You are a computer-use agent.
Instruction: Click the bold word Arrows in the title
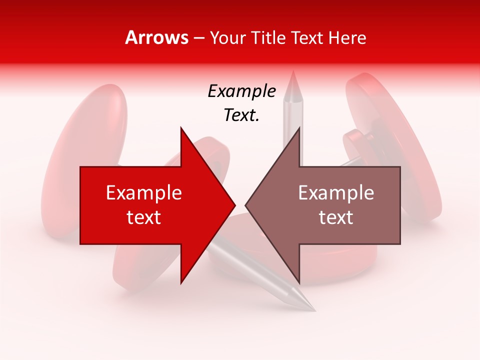click(x=157, y=37)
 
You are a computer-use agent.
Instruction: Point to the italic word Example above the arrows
click(x=241, y=91)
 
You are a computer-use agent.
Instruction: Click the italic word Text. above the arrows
click(x=241, y=115)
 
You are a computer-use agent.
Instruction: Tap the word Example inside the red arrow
click(x=144, y=193)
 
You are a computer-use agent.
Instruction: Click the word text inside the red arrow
click(x=144, y=217)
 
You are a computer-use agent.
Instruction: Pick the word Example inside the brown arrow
click(x=336, y=193)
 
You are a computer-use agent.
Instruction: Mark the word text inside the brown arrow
click(x=336, y=217)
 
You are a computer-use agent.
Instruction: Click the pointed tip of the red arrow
click(x=234, y=205)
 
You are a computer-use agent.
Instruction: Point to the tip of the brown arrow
click(x=246, y=205)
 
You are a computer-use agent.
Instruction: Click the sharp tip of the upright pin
click(x=293, y=72)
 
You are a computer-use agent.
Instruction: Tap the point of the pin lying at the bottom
click(x=314, y=309)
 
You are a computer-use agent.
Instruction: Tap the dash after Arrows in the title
click(x=199, y=38)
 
